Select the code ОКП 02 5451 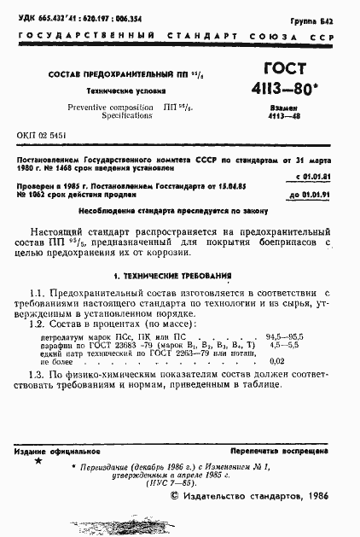pyautogui.click(x=42, y=136)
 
